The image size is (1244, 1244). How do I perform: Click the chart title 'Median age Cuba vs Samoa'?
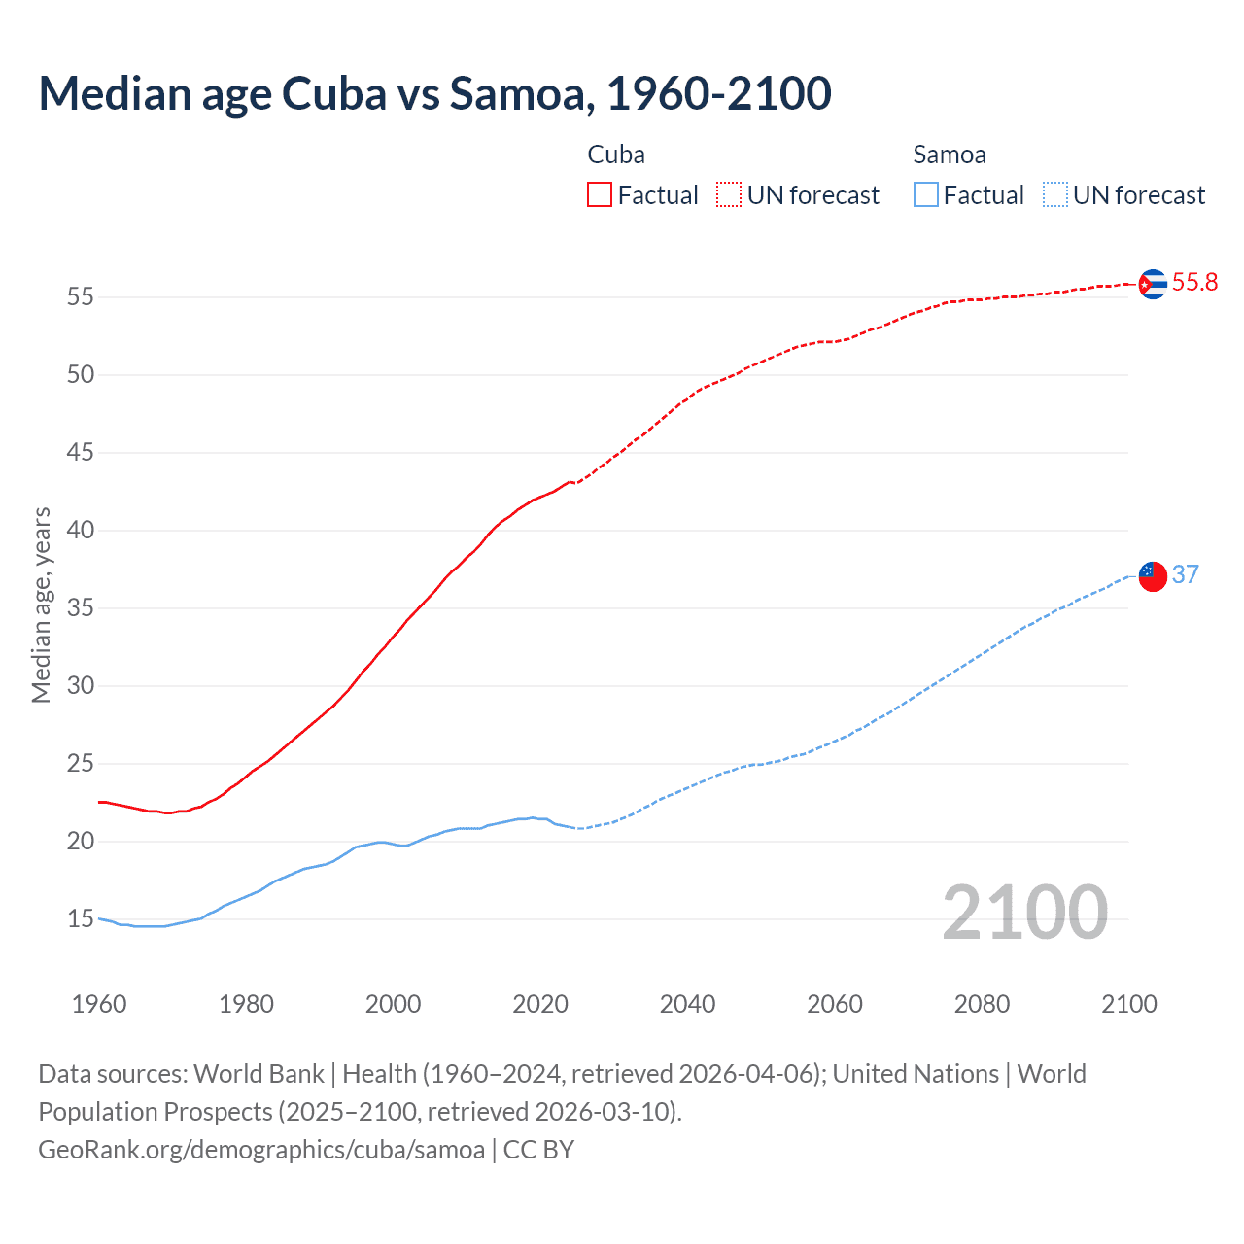[434, 94]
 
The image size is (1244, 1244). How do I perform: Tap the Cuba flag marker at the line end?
[1152, 284]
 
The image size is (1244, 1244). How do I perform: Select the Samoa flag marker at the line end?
[1152, 575]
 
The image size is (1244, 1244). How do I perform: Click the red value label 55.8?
[1194, 283]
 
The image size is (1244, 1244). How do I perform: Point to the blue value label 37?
[1185, 574]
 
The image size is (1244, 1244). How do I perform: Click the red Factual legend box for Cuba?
[600, 195]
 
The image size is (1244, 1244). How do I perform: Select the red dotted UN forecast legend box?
[729, 195]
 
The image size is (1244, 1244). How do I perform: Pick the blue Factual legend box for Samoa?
[926, 195]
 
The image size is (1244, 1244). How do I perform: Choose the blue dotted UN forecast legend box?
[1054, 195]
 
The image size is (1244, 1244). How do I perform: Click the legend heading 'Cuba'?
[616, 155]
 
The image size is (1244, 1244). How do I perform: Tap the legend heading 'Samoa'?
[950, 155]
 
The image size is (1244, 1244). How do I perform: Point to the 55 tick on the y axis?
[81, 297]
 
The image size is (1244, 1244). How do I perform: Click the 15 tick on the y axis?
[81, 919]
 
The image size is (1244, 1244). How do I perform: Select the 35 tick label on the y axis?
[81, 608]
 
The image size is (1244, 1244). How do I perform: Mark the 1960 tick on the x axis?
[99, 1004]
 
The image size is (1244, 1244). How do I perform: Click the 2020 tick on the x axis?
[540, 1004]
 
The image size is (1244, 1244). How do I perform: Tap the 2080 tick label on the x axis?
[982, 1004]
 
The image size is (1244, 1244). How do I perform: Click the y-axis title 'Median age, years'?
[41, 605]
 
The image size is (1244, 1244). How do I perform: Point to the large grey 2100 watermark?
[1024, 913]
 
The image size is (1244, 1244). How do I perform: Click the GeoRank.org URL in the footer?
[261, 1150]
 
